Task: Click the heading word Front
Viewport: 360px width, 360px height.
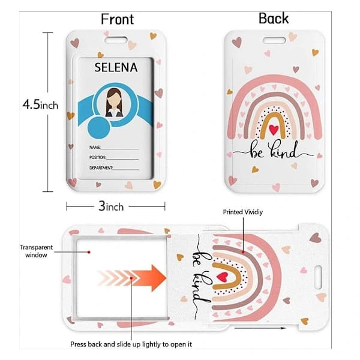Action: pyautogui.click(x=118, y=19)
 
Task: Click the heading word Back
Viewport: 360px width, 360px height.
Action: pyautogui.click(x=274, y=19)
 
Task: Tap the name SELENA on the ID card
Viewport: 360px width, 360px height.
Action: pyautogui.click(x=116, y=67)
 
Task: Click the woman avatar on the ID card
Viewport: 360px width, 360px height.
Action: pyautogui.click(x=114, y=103)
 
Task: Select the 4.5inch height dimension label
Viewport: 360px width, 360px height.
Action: pyautogui.click(x=40, y=104)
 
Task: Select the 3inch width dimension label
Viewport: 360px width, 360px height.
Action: pyautogui.click(x=111, y=206)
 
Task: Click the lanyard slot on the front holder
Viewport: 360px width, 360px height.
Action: pyautogui.click(x=116, y=40)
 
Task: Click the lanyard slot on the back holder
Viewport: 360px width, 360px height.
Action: pyautogui.click(x=274, y=41)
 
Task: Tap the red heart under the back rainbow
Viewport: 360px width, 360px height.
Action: pyautogui.click(x=274, y=130)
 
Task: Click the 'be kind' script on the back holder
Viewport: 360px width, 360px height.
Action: pyautogui.click(x=273, y=151)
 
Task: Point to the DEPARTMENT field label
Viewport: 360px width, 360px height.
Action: pyautogui.click(x=101, y=168)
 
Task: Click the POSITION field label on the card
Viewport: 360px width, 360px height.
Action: pyautogui.click(x=98, y=157)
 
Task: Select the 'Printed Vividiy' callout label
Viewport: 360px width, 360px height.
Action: pyautogui.click(x=243, y=212)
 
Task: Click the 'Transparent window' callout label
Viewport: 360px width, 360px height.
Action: pyautogui.click(x=36, y=251)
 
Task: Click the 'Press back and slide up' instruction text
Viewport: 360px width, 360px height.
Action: pyautogui.click(x=131, y=344)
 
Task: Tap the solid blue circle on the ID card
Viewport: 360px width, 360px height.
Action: pyautogui.click(x=99, y=128)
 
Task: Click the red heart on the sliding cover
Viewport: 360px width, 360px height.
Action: pyautogui.click(x=222, y=277)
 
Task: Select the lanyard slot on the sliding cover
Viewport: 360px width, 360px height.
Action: pyautogui.click(x=318, y=277)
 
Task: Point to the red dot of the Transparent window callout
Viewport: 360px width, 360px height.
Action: pyautogui.click(x=89, y=252)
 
